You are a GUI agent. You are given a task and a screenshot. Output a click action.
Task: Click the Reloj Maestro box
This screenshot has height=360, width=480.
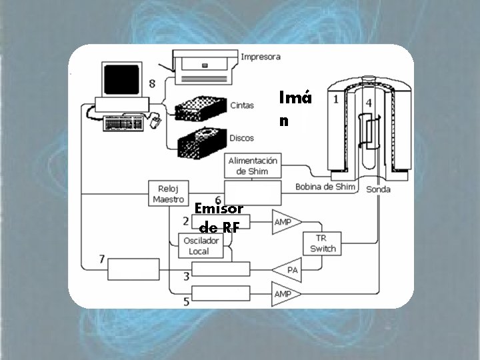click(x=168, y=193)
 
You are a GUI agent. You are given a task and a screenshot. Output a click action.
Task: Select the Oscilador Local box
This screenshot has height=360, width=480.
click(x=199, y=246)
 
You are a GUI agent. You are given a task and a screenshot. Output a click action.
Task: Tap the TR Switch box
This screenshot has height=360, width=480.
click(x=323, y=243)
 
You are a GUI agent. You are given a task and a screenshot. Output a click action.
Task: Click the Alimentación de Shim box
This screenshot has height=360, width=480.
click(x=253, y=165)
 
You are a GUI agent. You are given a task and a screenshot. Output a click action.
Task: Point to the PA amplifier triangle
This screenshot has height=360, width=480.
click(x=287, y=269)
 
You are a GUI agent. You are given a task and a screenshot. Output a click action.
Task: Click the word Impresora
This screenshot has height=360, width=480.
click(x=261, y=57)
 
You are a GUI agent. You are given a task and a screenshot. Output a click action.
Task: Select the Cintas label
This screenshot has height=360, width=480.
click(x=241, y=105)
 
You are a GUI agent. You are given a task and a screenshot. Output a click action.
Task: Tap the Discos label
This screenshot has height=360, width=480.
click(x=241, y=138)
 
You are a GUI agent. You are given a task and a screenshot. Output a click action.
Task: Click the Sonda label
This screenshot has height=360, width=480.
click(x=378, y=189)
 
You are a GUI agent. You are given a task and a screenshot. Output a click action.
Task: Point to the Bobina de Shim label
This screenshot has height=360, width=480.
click(x=325, y=187)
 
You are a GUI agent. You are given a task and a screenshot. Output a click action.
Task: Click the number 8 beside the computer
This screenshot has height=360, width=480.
click(x=153, y=83)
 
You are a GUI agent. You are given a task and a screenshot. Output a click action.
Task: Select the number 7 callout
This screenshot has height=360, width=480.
click(x=101, y=259)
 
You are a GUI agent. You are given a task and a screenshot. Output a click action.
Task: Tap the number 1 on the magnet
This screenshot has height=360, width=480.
click(x=336, y=99)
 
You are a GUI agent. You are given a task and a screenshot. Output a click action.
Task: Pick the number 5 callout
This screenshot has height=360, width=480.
click(x=186, y=302)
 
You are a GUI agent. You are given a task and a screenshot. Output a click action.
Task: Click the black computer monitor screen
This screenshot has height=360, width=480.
click(x=122, y=80)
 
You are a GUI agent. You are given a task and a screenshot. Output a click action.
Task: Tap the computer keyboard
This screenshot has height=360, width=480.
click(x=125, y=123)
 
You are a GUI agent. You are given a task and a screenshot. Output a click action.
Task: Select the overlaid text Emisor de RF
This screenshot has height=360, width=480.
click(x=219, y=217)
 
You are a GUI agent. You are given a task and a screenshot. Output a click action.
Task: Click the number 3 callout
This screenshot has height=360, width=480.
click(x=186, y=275)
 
